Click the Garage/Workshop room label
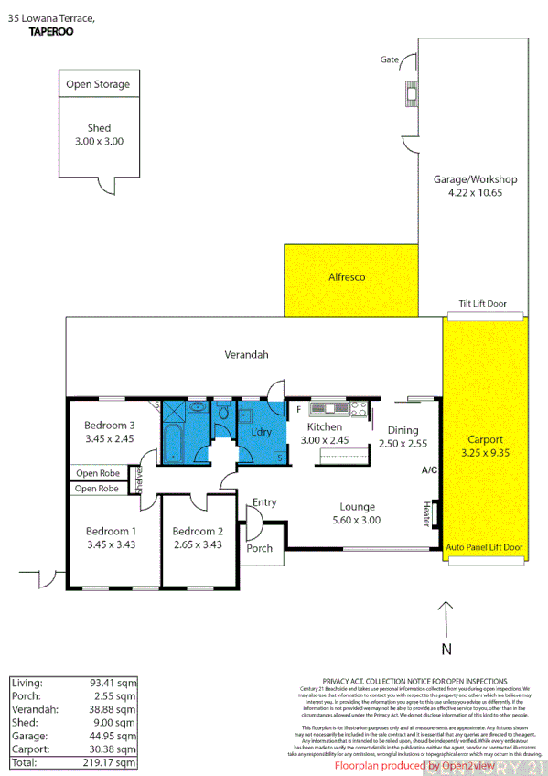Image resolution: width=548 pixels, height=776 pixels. point(475,179)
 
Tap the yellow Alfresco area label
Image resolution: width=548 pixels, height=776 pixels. point(347,276)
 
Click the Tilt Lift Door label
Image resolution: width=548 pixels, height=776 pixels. point(483,304)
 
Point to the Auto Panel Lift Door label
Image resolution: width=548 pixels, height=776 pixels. point(484,548)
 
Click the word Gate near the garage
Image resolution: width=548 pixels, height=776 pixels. point(390,59)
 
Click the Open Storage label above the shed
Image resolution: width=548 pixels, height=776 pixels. point(98,84)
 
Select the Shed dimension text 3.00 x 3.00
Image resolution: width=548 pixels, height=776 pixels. point(99,142)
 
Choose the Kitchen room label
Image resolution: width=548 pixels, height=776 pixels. point(325,427)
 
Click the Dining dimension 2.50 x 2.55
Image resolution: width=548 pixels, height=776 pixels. point(403,444)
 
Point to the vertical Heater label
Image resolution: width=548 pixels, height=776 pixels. point(426,512)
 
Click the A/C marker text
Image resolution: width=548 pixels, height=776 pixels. point(427,470)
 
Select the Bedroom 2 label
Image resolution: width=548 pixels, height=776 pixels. point(198,532)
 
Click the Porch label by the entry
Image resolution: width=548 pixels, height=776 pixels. point(260,548)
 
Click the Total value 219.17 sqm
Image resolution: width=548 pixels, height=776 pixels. point(113,762)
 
